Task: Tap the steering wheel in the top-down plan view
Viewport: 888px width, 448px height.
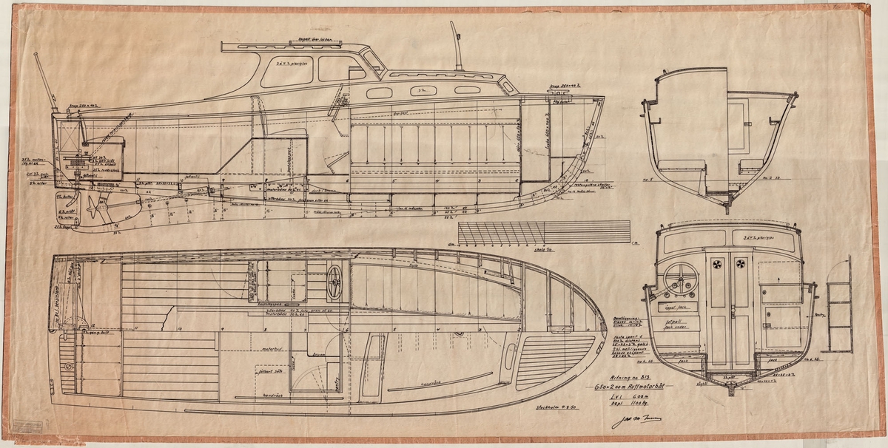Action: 334,281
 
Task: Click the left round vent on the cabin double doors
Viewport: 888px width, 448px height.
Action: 718,264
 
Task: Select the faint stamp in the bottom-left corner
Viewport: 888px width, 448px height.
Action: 30,427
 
